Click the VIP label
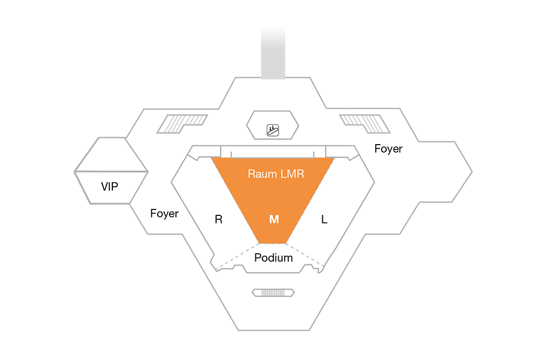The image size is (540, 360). coord(110,187)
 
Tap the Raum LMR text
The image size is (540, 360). coord(276,174)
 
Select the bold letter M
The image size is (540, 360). coord(274,219)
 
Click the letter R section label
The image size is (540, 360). coord(219,219)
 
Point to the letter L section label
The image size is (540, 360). coord(324,219)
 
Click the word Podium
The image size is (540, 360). coord(273,258)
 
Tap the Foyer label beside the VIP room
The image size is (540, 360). coord(164,214)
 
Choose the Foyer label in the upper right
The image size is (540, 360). coord(388,148)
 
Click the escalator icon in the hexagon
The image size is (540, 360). coord(273,130)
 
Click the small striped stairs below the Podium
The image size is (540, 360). coord(273,293)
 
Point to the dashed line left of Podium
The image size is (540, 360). coord(237,256)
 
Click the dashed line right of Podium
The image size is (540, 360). coord(305,255)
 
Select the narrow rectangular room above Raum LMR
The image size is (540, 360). coord(273,152)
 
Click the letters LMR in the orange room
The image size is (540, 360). coord(292,174)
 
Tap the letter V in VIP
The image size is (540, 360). coord(105,187)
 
